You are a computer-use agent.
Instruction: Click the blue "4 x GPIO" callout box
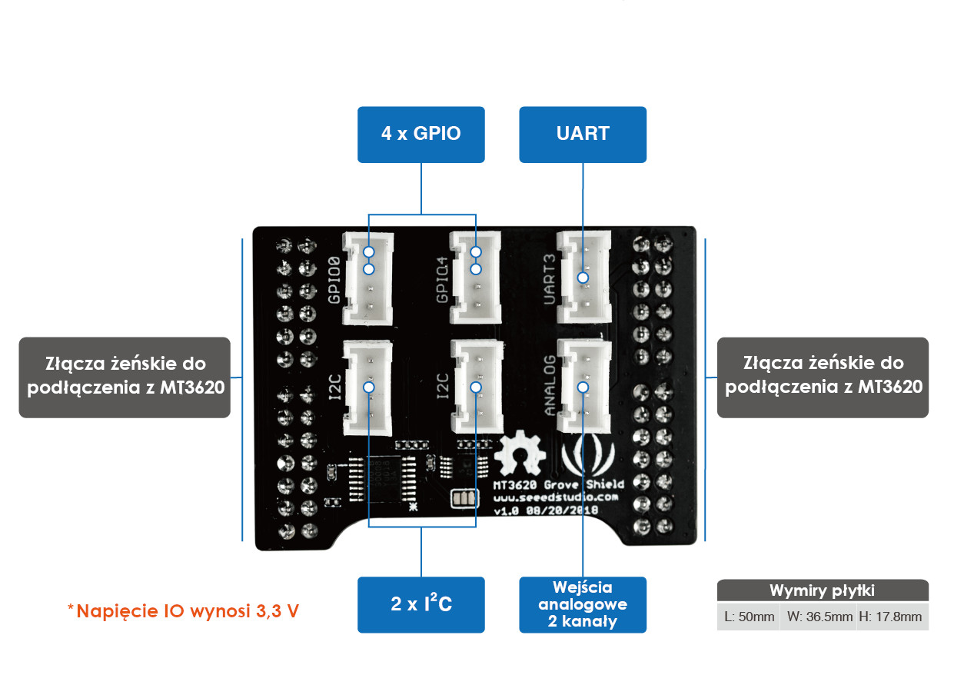[x=420, y=135]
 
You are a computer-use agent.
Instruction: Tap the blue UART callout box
[x=583, y=135]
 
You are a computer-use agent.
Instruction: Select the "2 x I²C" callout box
[x=420, y=604]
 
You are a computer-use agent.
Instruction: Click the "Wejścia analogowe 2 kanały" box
[x=583, y=604]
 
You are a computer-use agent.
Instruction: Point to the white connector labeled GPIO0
[x=368, y=278]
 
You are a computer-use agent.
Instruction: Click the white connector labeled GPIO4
[x=475, y=277]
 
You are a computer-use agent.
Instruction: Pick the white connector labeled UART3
[x=584, y=277]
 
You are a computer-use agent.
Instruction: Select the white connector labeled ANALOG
[x=584, y=386]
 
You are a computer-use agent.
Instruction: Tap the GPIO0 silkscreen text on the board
[x=334, y=280]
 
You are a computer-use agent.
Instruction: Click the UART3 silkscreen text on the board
[x=550, y=279]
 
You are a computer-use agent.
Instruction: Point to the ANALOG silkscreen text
[x=550, y=385]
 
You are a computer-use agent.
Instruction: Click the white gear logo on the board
[x=520, y=453]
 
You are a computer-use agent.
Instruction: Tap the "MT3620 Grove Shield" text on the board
[x=558, y=484]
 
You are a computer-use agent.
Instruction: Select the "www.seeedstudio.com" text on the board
[x=556, y=497]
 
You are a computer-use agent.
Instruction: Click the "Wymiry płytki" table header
[x=823, y=590]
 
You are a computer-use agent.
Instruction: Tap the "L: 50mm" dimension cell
[x=749, y=617]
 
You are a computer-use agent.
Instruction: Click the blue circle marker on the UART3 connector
[x=583, y=278]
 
